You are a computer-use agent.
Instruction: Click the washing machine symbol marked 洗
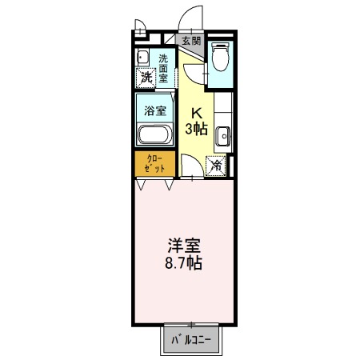coord(146,78)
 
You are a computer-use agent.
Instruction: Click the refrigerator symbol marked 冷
coord(217,165)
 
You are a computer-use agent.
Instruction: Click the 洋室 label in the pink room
coord(182,246)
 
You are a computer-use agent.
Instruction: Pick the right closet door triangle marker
coord(170,186)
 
